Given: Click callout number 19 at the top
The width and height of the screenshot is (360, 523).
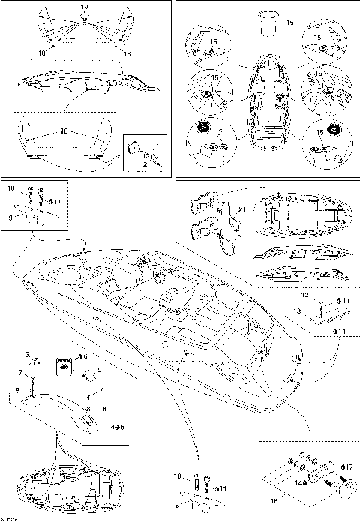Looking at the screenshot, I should point(84,7).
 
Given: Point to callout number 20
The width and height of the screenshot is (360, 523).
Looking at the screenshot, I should point(226,204).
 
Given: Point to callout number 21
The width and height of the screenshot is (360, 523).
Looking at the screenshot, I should point(242,209).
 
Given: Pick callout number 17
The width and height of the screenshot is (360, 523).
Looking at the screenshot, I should point(348,467).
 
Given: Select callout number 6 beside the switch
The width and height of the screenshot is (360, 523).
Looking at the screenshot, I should point(83,356).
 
